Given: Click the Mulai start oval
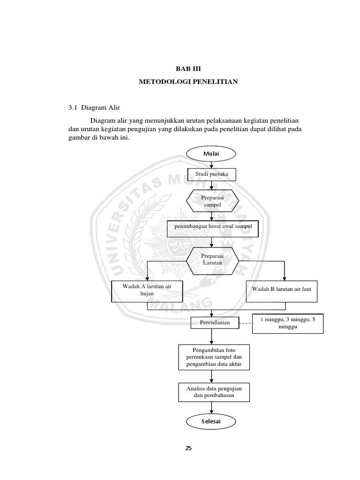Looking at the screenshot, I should (212, 153).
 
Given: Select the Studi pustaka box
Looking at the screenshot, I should (212, 175).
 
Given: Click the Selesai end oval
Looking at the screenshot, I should (212, 422).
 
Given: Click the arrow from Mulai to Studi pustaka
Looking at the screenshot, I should (212, 164).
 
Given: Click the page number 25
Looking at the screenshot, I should (188, 448).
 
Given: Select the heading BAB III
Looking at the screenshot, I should (188, 69).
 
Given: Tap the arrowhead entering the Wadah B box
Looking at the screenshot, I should (284, 277).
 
